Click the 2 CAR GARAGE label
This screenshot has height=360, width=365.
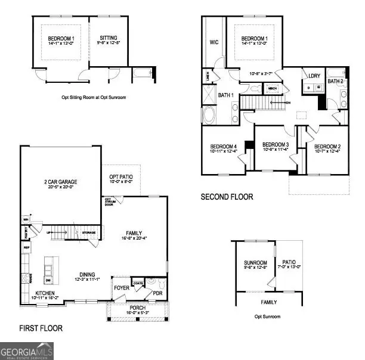pyautogui.click(x=60, y=182)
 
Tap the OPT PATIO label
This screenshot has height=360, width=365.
pyautogui.click(x=122, y=178)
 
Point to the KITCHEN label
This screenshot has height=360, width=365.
pyautogui.click(x=45, y=293)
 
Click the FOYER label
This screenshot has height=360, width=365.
pyautogui.click(x=121, y=287)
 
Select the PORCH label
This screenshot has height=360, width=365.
pyautogui.click(x=137, y=308)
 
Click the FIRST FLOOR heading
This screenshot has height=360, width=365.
pyautogui.click(x=41, y=328)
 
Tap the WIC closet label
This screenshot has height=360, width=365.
pyautogui.click(x=214, y=42)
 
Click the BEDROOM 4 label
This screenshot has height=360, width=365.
pyautogui.click(x=223, y=147)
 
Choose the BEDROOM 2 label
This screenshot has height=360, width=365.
pyautogui.click(x=327, y=147)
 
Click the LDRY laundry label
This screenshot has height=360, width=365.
pyautogui.click(x=314, y=76)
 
